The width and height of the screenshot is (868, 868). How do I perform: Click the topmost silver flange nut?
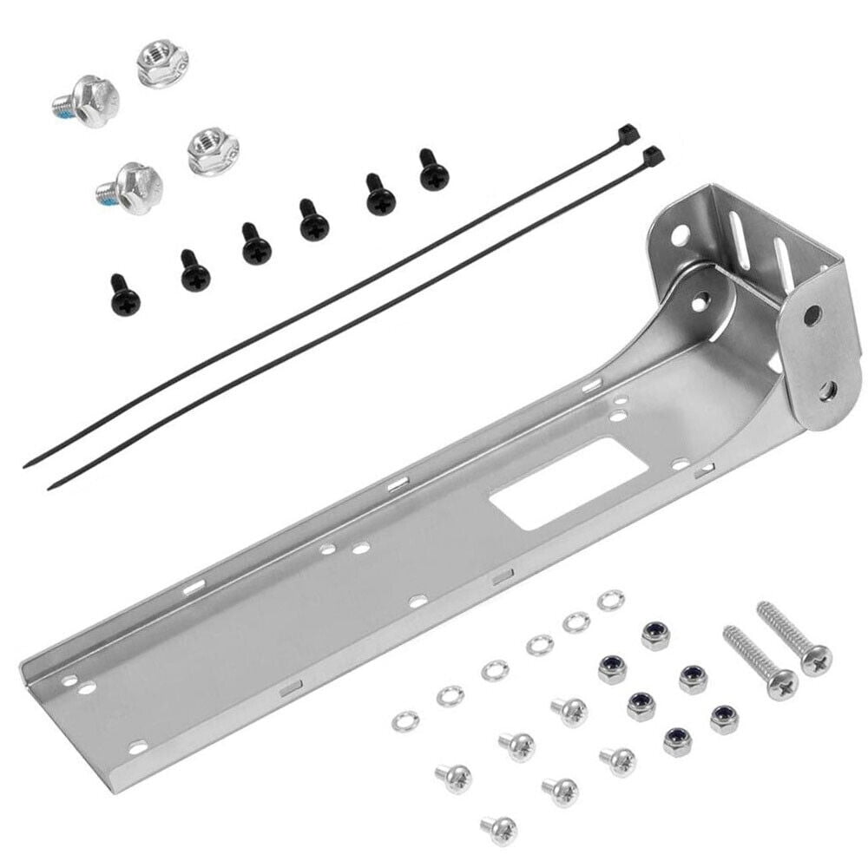[x=162, y=62]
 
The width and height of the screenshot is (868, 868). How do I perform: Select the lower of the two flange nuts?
[x=213, y=150]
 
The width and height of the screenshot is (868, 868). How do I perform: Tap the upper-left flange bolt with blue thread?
[x=88, y=102]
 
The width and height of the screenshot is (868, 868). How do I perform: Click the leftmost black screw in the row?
[x=125, y=298]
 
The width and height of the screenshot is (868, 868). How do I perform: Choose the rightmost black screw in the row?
[x=433, y=172]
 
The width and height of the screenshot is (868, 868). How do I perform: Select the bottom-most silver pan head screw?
[x=500, y=828]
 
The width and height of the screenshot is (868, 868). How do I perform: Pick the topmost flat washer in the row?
[x=610, y=600]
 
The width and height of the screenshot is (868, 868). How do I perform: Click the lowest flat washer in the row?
[x=404, y=720]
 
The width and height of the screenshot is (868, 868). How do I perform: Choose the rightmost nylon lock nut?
[x=724, y=719]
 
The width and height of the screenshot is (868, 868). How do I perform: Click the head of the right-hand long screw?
[x=815, y=659]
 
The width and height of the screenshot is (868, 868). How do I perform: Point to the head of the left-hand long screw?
[x=782, y=684]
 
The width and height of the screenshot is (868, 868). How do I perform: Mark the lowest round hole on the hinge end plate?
[x=826, y=390]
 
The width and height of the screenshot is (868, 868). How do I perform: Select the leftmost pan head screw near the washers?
[x=453, y=777]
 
